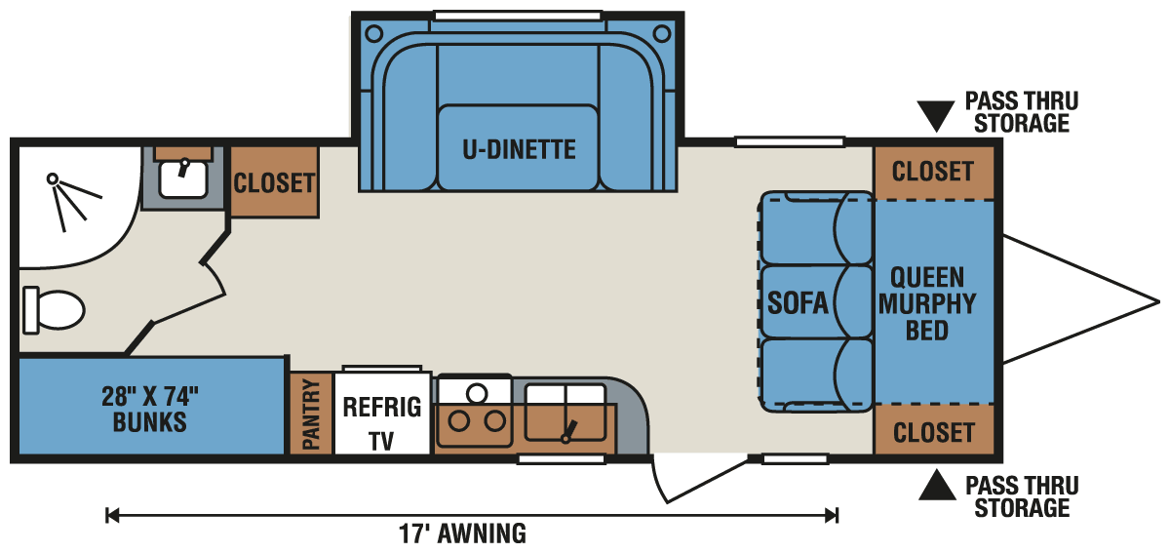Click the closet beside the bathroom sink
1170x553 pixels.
274,181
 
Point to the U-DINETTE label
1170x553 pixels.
519,149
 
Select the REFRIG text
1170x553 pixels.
381,407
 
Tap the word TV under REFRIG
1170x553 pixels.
381,441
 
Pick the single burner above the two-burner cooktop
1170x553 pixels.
477,393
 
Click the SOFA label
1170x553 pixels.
798,303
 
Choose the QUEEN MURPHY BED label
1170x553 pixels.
926,303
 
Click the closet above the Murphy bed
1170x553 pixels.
933,172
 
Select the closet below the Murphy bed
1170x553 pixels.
933,431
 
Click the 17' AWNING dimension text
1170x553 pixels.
462,533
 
